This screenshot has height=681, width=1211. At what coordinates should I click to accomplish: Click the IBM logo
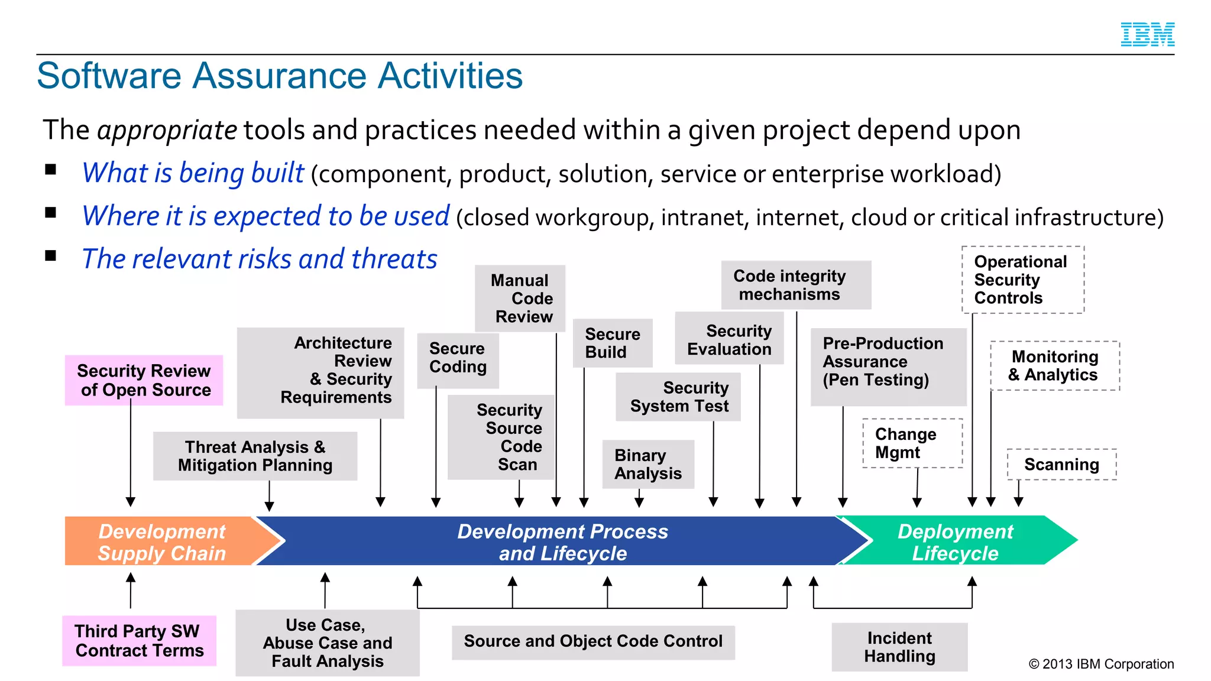(x=1147, y=35)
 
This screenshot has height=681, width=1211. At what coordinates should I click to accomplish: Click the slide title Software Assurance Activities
(x=280, y=76)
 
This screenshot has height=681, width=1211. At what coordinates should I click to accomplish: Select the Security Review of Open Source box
(x=144, y=380)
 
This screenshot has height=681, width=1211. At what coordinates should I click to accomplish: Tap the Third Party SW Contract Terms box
(x=140, y=641)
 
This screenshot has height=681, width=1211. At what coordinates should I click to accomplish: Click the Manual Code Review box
(x=520, y=299)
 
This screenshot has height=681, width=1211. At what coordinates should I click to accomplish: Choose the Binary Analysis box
(x=647, y=464)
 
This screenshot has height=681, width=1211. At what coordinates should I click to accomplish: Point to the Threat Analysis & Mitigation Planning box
(x=255, y=456)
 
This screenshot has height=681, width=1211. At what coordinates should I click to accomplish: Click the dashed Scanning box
(x=1061, y=465)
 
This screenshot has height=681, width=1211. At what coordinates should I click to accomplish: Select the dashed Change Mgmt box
(x=912, y=443)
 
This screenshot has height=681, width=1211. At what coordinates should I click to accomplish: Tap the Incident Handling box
(x=899, y=647)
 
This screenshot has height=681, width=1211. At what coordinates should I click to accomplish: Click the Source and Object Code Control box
(x=593, y=642)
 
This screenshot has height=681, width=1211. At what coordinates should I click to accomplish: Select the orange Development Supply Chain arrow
(x=163, y=541)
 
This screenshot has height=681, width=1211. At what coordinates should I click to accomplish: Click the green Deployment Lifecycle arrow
(x=955, y=541)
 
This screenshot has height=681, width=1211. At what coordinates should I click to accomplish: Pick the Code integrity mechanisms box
(x=795, y=285)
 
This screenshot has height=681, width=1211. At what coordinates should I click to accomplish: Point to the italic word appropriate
(x=167, y=130)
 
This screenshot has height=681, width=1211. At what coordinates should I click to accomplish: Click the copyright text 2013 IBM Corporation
(x=1101, y=664)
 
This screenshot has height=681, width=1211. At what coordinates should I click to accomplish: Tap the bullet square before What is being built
(x=51, y=170)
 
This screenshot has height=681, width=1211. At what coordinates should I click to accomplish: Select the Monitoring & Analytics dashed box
(x=1055, y=366)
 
